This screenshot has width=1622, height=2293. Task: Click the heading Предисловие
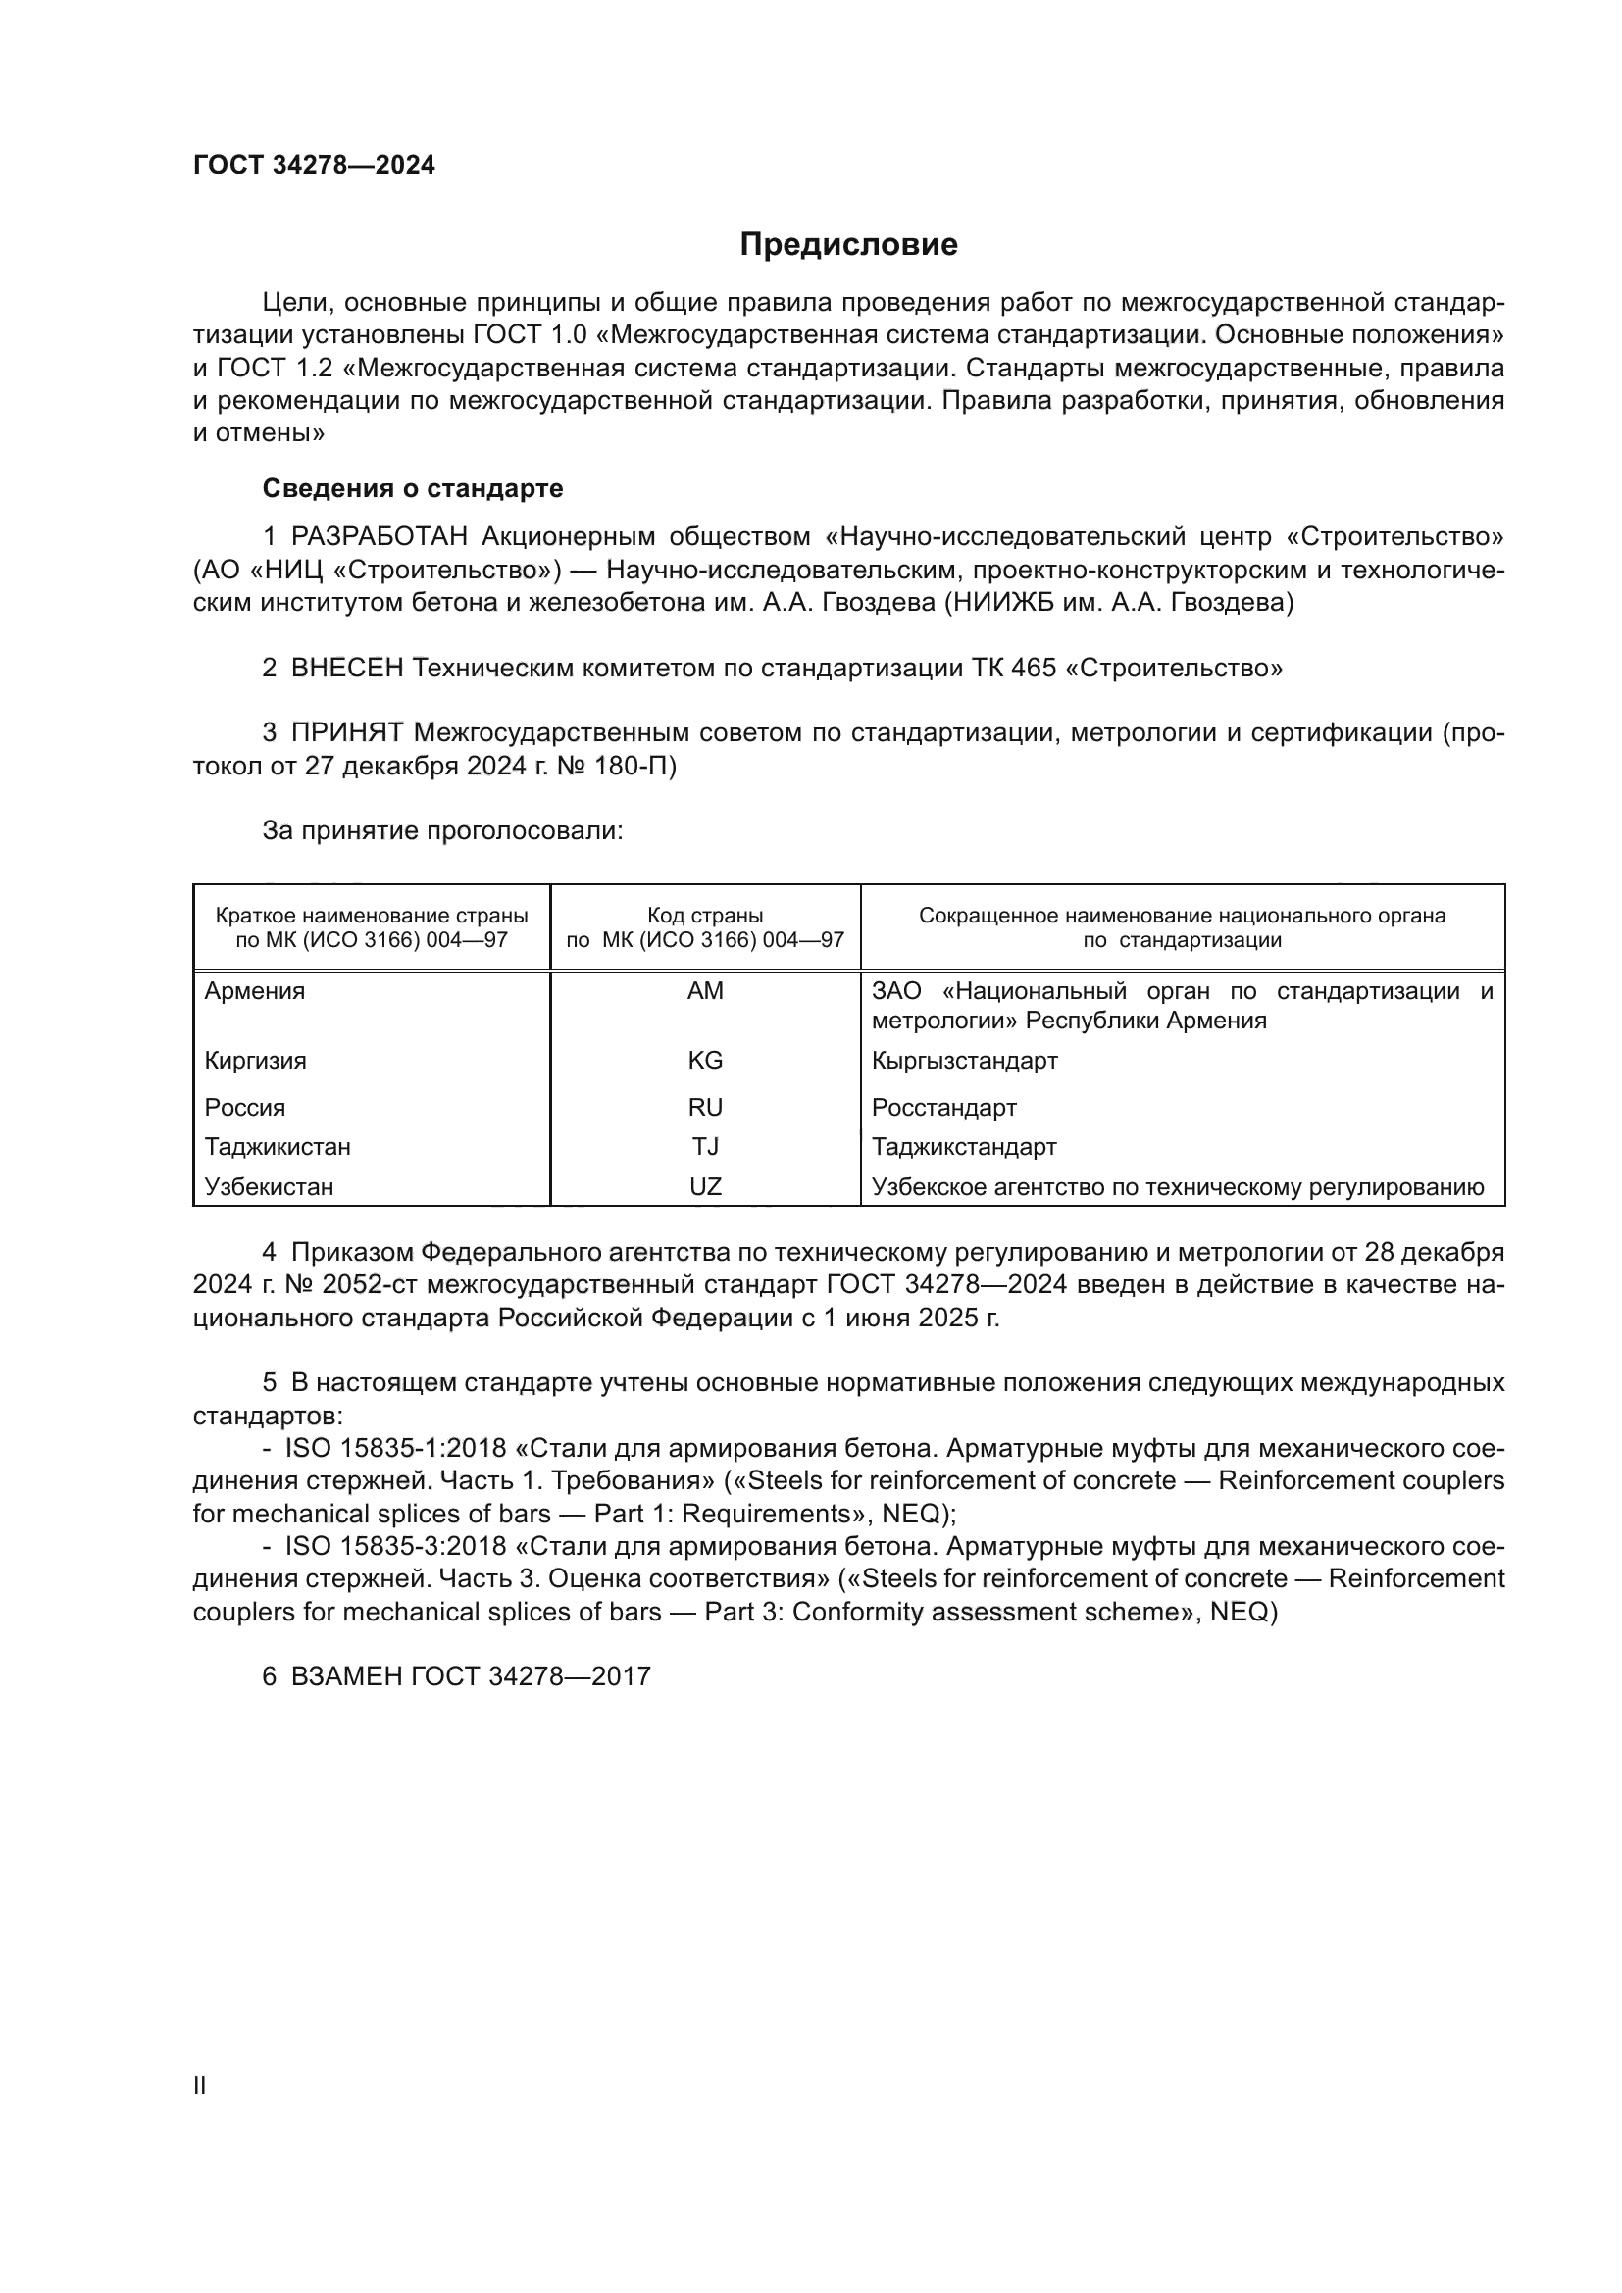pos(848,245)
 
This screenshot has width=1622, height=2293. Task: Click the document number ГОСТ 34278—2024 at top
pos(314,166)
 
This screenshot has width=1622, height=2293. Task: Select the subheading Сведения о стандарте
pos(413,488)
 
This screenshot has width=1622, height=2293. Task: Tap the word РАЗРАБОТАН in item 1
pos(379,537)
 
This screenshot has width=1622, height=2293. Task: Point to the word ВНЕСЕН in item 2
pos(346,669)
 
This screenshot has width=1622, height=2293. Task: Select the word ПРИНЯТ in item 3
pos(346,733)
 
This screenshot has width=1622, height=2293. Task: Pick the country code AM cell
pos(705,992)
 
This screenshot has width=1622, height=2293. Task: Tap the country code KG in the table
pos(705,1061)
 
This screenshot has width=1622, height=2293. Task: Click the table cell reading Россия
pos(245,1108)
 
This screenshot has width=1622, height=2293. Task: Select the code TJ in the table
pos(705,1147)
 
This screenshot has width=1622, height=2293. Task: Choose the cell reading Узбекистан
pos(269,1187)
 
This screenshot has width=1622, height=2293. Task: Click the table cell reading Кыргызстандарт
pos(964,1061)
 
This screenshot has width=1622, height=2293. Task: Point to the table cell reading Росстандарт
pos(943,1108)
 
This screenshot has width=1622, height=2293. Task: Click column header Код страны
pos(705,916)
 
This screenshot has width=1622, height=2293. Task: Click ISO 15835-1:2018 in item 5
pos(395,1449)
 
